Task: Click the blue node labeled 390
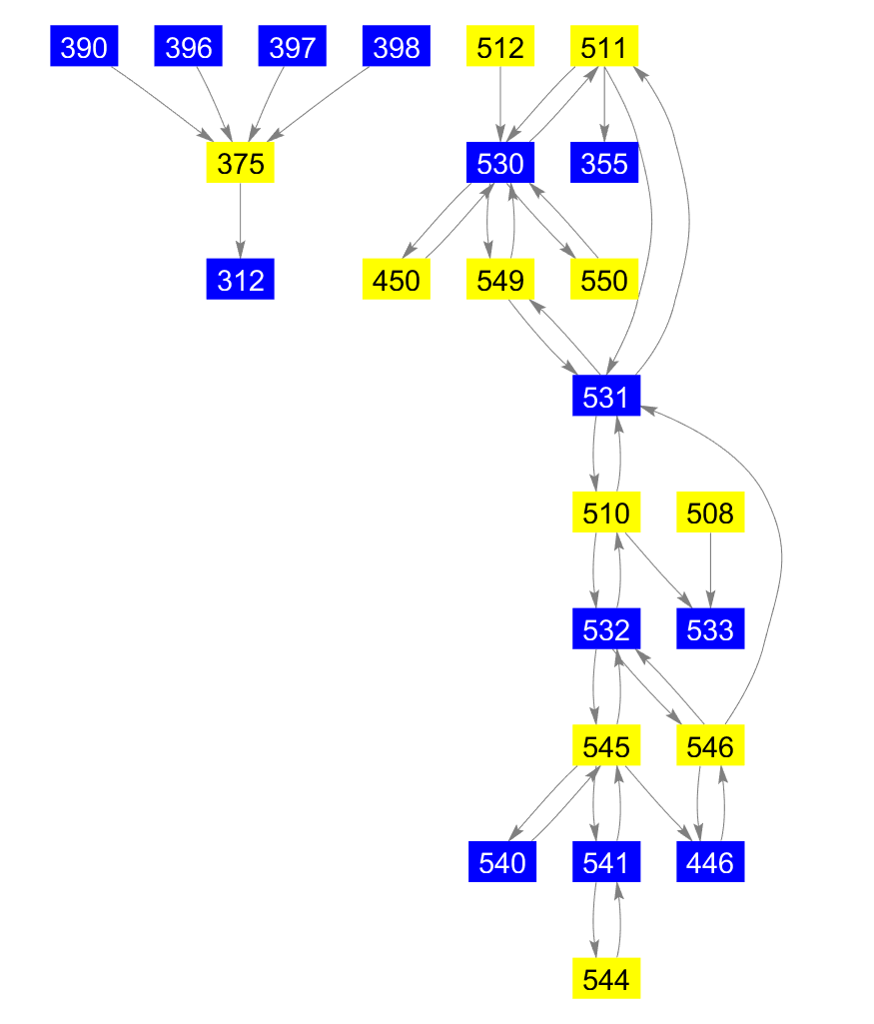(84, 47)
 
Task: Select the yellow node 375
(240, 164)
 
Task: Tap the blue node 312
(240, 281)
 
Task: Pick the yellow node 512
(500, 47)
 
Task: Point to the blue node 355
(604, 164)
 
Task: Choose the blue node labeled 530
(500, 164)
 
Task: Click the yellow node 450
(396, 281)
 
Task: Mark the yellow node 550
(604, 281)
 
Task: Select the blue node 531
(605, 398)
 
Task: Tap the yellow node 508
(710, 514)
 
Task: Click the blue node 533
(710, 631)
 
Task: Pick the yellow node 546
(710, 746)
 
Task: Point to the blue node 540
(501, 863)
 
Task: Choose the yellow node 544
(605, 980)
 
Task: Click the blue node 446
(710, 863)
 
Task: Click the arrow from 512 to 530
(500, 105)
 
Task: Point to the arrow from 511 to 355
(604, 105)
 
